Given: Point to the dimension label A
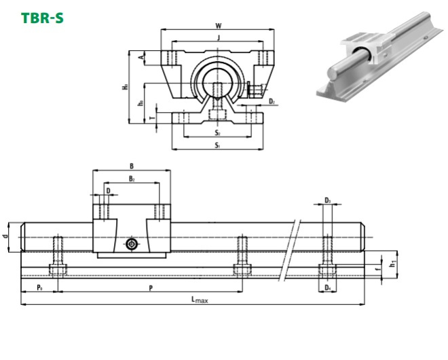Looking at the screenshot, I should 141,58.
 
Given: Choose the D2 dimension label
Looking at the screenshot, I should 271,102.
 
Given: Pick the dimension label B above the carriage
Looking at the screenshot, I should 131,166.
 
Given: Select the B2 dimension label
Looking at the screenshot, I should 131,179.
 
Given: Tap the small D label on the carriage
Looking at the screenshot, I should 108,191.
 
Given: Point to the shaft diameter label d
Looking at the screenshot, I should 6,236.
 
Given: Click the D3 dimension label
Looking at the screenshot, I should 327,200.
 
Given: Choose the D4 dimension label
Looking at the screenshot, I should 327,289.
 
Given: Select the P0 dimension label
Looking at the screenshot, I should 39,288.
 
